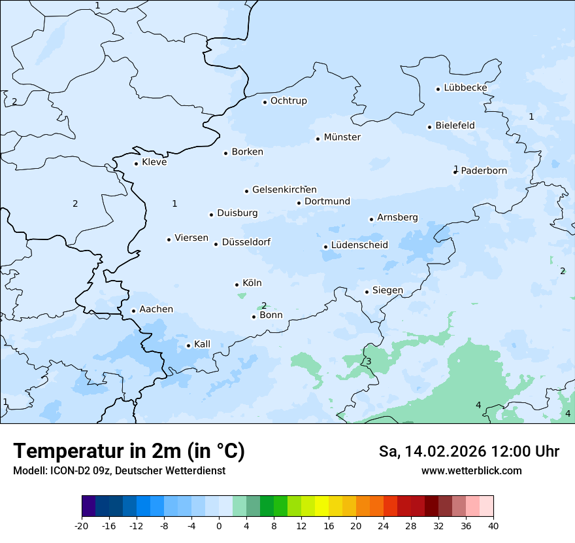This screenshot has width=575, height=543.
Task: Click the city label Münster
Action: coord(342,137)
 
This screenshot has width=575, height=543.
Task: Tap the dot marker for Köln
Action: coord(237,285)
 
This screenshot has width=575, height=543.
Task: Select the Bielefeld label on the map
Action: coord(455,126)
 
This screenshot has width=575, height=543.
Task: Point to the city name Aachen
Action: coord(156,309)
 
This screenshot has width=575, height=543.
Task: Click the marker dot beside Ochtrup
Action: coord(265,102)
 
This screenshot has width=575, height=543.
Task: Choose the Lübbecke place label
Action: coord(465,88)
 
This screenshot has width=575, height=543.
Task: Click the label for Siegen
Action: coord(387,290)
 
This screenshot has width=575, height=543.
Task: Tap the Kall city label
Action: coord(202,344)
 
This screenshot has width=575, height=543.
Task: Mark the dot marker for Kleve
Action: coord(136,164)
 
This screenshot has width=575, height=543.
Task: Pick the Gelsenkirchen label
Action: coord(284,190)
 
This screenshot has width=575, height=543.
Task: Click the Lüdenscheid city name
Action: coord(359,245)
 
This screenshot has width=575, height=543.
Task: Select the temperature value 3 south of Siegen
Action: coord(369,362)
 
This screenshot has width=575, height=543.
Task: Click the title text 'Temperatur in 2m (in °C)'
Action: coord(129,451)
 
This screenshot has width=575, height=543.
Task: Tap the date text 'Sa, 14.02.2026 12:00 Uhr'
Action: coord(468,451)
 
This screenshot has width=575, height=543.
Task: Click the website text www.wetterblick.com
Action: coord(471,471)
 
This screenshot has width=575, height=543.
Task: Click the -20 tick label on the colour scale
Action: coord(82,525)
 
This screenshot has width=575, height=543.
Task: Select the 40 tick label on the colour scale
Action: coord(493,525)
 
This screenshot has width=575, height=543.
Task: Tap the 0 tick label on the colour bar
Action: coord(219,525)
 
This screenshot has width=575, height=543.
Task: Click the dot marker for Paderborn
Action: coord(455,172)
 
